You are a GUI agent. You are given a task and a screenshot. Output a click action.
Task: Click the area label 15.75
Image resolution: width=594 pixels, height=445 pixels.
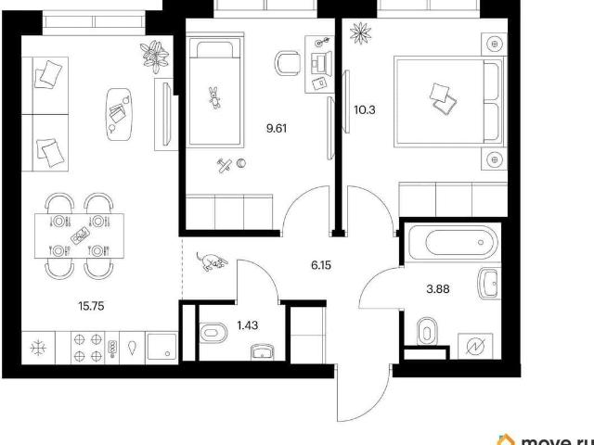click(x=91, y=306)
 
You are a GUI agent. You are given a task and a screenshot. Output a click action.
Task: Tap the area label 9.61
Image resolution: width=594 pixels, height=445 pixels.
click(x=277, y=129)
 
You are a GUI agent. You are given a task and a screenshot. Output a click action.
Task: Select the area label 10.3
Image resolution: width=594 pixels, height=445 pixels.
click(x=365, y=110)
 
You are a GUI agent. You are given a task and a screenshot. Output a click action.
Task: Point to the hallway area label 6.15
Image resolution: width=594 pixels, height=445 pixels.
click(x=321, y=265)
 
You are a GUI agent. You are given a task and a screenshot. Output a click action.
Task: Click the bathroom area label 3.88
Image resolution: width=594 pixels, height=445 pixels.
click(x=438, y=289)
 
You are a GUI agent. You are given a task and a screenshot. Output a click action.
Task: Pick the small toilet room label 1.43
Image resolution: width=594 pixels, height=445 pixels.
click(x=248, y=325)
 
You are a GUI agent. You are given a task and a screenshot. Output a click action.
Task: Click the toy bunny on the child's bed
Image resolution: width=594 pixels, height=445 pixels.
click(x=214, y=97)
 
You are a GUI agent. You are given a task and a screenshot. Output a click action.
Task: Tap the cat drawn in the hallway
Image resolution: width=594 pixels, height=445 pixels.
click(x=211, y=261)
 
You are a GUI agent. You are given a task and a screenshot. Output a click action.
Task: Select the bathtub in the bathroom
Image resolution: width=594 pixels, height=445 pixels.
click(x=453, y=242)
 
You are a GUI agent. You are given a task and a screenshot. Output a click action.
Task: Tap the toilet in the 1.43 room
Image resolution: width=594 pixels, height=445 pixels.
click(x=213, y=334)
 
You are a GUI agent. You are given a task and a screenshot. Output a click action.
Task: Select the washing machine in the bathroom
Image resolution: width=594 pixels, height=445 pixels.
click(x=475, y=346)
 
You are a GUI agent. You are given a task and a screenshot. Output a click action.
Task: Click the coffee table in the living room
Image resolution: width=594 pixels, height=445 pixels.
click(x=120, y=114)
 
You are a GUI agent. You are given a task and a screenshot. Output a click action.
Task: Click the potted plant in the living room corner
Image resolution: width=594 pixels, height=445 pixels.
click(x=154, y=56)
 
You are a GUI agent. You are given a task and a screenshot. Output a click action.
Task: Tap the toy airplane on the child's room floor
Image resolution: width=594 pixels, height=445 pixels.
click(x=225, y=165)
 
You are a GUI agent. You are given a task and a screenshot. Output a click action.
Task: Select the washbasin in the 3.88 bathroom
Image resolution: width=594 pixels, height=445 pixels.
click(x=489, y=283)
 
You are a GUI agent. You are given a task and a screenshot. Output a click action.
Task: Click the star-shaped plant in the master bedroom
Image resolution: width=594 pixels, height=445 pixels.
click(x=361, y=33)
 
